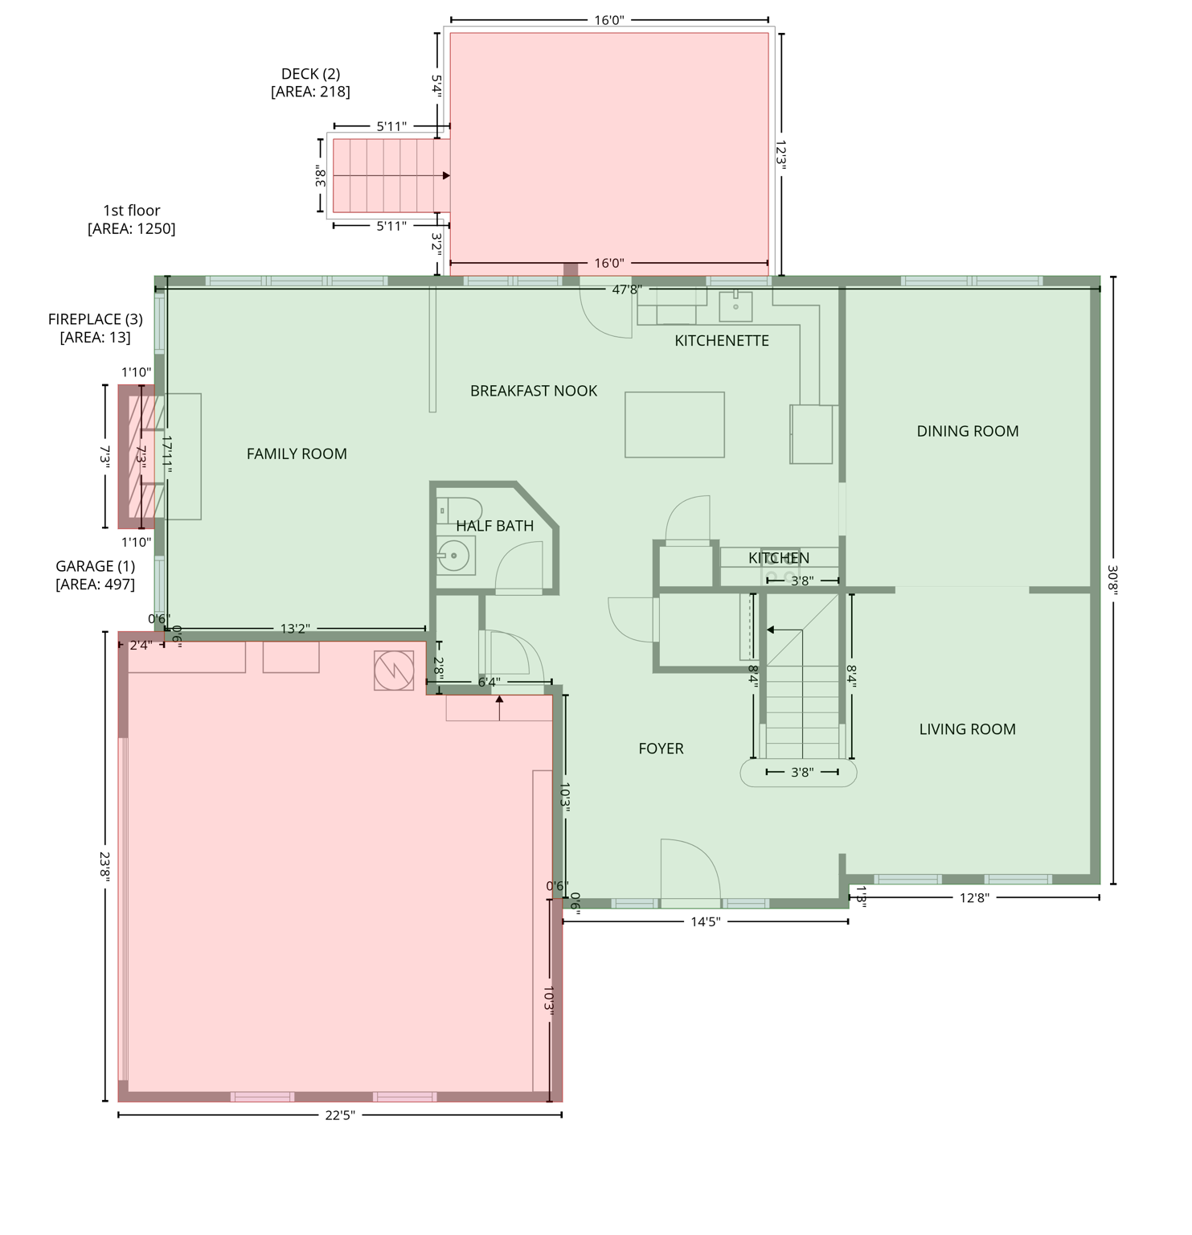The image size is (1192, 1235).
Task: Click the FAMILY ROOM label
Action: (297, 454)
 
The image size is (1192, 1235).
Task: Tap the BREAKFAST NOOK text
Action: (533, 392)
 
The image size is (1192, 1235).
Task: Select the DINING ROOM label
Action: (967, 432)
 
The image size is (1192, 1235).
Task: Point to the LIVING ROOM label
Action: (967, 730)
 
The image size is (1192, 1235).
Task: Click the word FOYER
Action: (661, 749)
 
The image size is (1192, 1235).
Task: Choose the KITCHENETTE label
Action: (721, 341)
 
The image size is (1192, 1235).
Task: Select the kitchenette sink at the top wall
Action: (735, 306)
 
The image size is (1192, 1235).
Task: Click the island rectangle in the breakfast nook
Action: (674, 425)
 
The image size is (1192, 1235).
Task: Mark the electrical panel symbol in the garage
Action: (394, 671)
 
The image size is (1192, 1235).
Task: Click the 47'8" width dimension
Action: (625, 289)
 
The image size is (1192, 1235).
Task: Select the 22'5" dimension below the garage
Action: (340, 1115)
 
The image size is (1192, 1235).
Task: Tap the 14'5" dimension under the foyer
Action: (705, 922)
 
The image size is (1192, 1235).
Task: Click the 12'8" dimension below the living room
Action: (973, 898)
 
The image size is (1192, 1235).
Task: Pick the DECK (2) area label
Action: (310, 83)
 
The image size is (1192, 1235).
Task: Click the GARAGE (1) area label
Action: (95, 576)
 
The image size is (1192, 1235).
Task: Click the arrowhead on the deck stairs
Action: (446, 175)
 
